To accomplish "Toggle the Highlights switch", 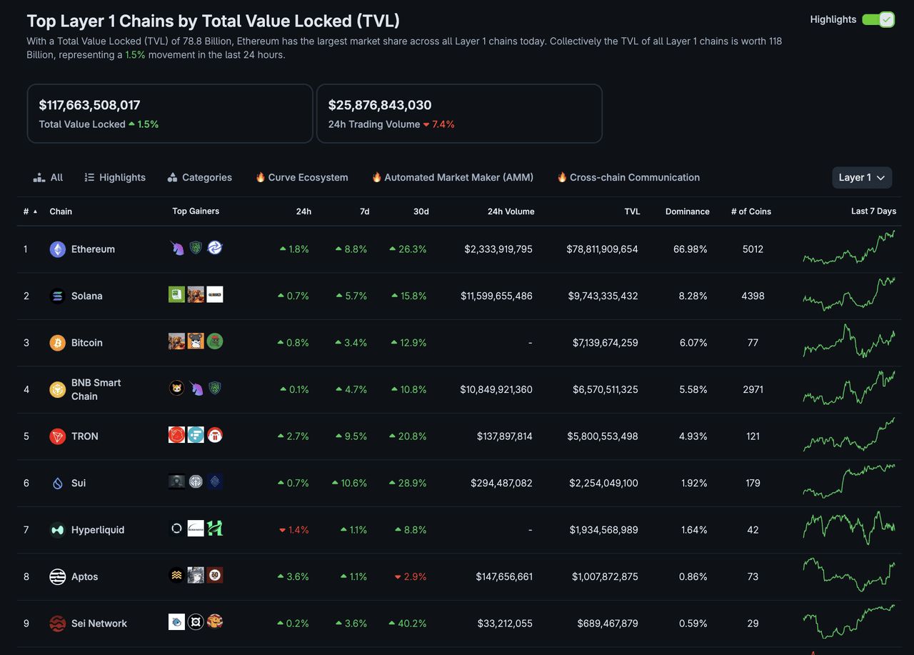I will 878,19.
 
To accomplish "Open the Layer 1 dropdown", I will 861,177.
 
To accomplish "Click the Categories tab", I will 199,177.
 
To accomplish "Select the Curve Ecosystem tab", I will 301,177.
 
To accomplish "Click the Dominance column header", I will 687,211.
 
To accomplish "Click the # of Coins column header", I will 750,211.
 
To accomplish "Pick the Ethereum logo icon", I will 58,249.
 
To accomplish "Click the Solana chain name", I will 86,296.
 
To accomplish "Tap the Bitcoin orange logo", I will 58,343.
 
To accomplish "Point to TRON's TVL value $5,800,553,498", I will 603,436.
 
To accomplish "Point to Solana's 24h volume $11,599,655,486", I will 496,296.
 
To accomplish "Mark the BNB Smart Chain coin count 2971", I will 753,389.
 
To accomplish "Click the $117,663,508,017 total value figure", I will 89,105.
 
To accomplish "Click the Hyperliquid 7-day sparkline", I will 848,528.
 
